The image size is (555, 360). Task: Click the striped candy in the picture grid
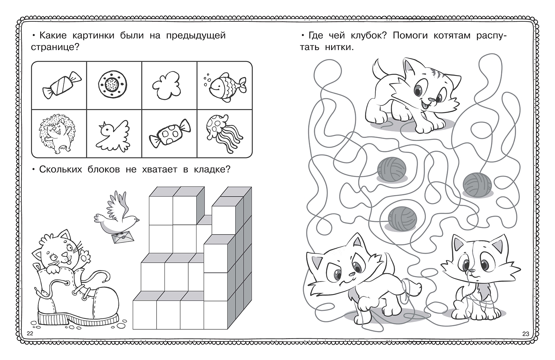(62, 85)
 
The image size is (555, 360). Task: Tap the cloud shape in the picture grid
(166, 85)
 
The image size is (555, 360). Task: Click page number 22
(30, 333)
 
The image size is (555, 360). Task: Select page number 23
(525, 334)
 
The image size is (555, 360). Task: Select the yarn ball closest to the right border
(477, 185)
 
